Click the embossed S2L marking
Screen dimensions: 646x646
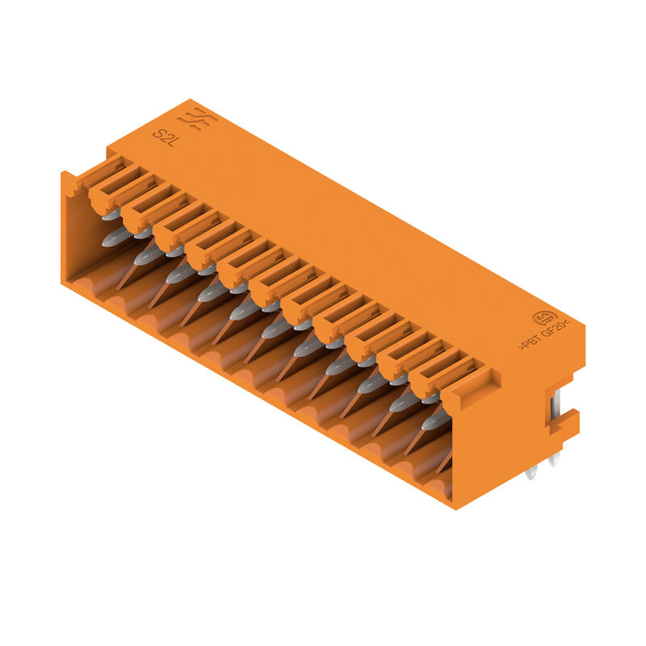(165, 133)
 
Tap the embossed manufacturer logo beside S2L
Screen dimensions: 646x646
(196, 120)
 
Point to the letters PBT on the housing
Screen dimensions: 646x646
(530, 345)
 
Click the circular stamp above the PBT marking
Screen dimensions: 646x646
(543, 318)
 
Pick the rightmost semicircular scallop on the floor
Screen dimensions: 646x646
(436, 484)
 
